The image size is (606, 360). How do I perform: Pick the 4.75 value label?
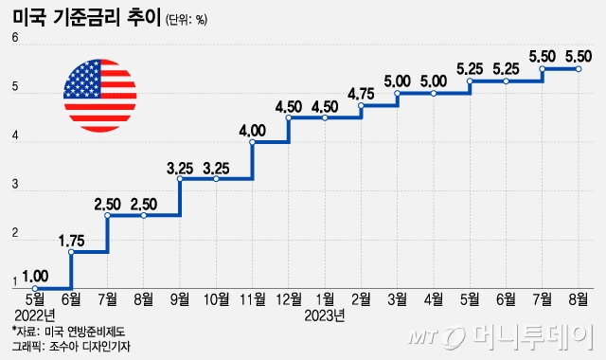click(362, 92)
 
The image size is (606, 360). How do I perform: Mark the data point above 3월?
click(398, 94)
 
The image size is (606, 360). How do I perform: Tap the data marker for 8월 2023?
click(579, 68)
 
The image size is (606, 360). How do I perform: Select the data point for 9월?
click(180, 178)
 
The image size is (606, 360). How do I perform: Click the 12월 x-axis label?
click(288, 300)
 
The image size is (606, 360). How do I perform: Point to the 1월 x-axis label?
click(325, 300)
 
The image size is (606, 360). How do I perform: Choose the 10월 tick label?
click(216, 300)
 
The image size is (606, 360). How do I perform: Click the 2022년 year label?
click(35, 315)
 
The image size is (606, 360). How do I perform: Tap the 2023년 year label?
click(326, 315)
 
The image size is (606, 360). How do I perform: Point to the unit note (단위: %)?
click(186, 19)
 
